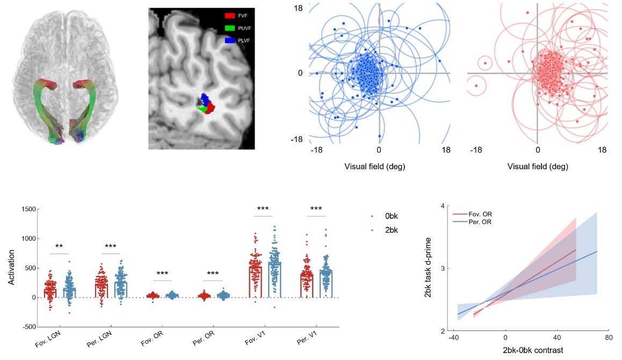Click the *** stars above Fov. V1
(263, 208)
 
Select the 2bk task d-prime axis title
(428, 268)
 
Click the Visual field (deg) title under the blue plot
(375, 167)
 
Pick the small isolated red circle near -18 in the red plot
(476, 85)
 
